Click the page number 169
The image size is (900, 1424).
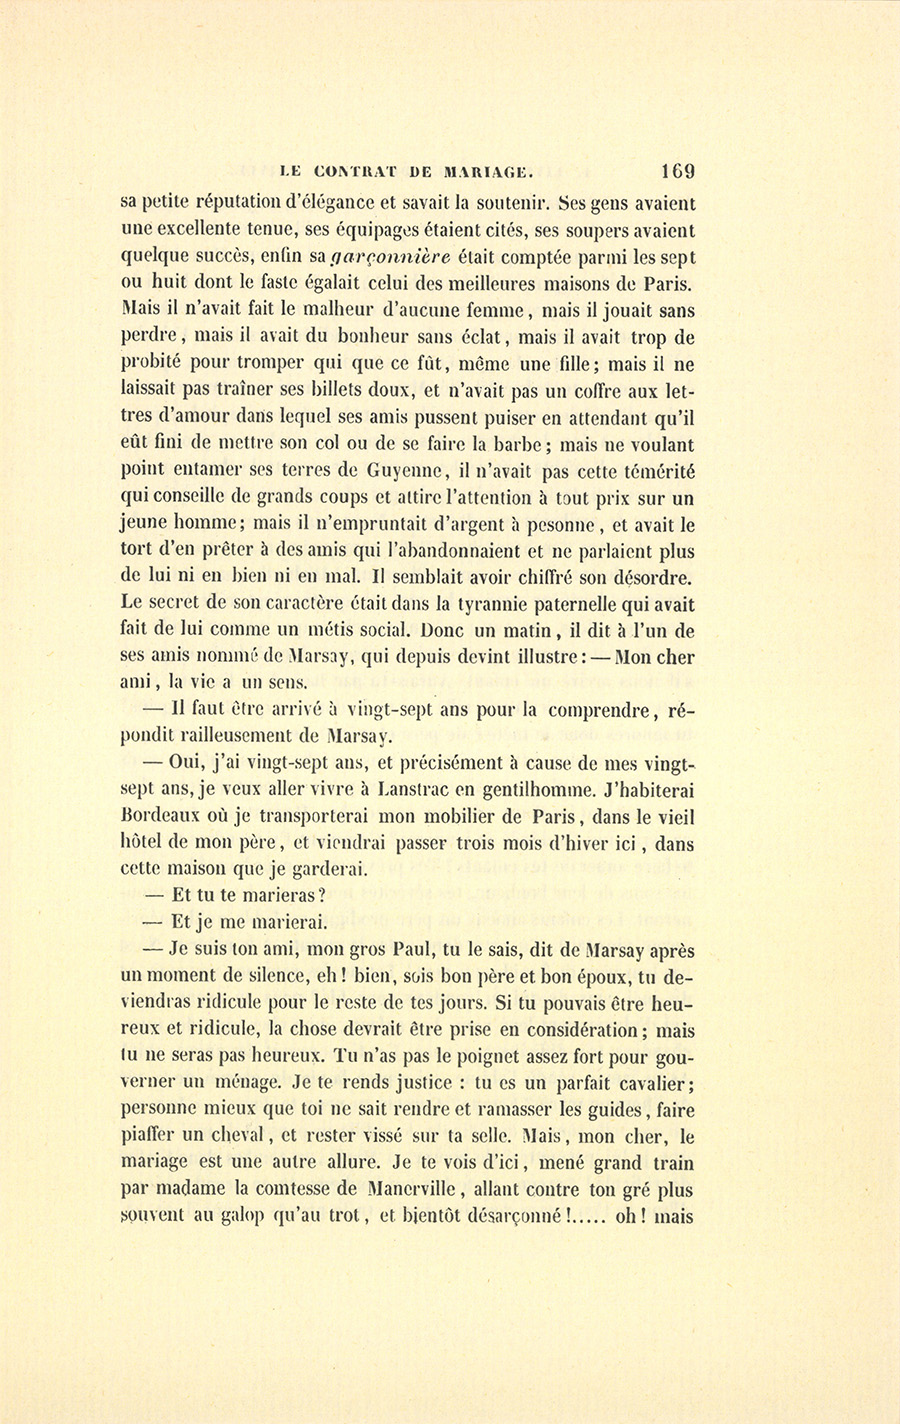[x=677, y=170]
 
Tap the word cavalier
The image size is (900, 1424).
[x=655, y=1083]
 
